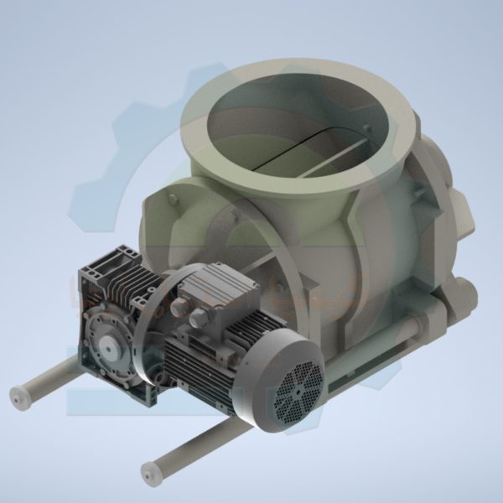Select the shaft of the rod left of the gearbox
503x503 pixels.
50,377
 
